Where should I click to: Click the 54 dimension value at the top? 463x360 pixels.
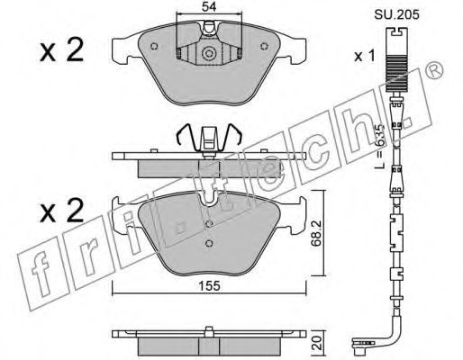(x=209, y=6)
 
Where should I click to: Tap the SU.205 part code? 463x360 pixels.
(x=396, y=14)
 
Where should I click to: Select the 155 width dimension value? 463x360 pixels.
(x=210, y=286)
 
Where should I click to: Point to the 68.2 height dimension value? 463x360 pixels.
(x=316, y=233)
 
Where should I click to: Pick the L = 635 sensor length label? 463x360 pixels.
(x=380, y=146)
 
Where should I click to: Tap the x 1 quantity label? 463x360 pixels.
(x=365, y=56)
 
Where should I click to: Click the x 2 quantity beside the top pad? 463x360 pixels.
(x=61, y=50)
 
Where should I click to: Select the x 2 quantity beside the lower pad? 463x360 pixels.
(x=61, y=211)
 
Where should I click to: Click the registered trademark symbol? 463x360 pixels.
(x=435, y=70)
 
